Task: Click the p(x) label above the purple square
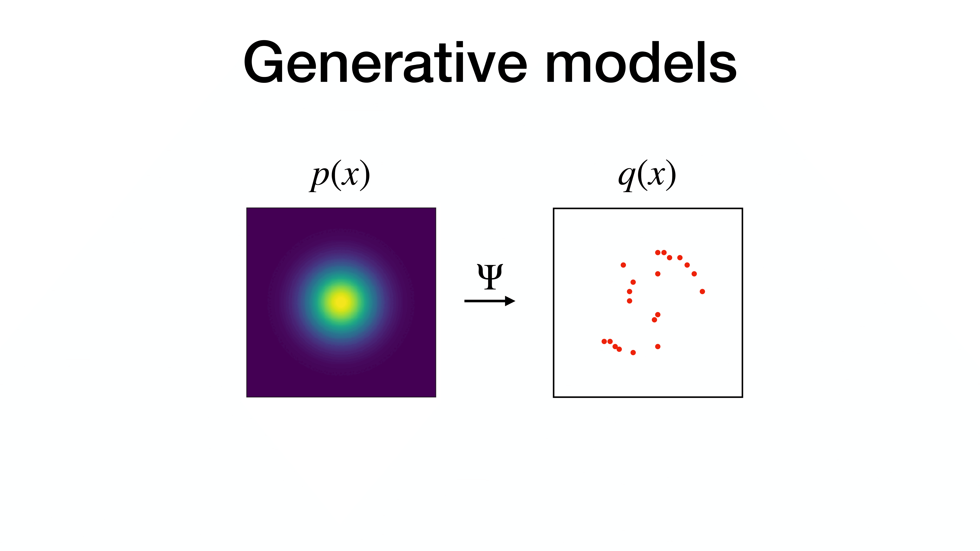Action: coord(339,175)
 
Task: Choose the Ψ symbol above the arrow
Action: coord(490,276)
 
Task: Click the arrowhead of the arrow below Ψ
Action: coord(510,301)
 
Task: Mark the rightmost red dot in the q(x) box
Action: coord(702,291)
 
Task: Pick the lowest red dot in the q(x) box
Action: coord(633,352)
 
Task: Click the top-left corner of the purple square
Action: coord(247,208)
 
